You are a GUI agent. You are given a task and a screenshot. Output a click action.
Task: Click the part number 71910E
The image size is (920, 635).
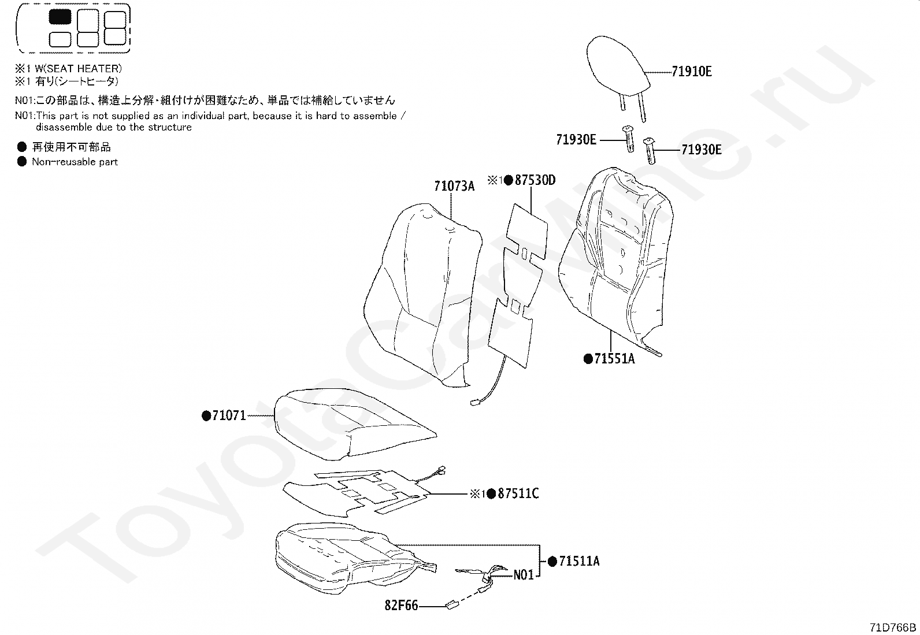tap(692, 72)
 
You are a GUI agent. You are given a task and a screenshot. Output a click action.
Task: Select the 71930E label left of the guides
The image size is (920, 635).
tap(576, 140)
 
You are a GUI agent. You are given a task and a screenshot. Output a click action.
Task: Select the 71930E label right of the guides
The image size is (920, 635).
tap(702, 150)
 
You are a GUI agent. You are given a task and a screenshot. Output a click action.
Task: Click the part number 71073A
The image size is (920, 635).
tap(454, 186)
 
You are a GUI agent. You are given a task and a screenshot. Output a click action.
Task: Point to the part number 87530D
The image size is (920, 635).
tap(535, 180)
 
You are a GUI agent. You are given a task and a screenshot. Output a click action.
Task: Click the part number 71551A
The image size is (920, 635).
tap(614, 359)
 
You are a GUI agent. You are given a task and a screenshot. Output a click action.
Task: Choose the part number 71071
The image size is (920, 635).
tap(229, 415)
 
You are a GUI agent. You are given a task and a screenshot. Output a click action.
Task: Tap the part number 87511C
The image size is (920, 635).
tap(518, 493)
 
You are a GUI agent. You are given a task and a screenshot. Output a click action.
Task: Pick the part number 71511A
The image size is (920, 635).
tap(579, 561)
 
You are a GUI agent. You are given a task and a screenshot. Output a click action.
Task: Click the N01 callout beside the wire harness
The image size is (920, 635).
tap(524, 575)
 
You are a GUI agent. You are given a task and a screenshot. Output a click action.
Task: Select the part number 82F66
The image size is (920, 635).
tap(401, 606)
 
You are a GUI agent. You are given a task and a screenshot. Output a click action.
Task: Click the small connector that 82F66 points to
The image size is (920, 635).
tap(451, 605)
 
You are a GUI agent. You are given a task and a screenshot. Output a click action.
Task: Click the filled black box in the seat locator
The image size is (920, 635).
tap(60, 17)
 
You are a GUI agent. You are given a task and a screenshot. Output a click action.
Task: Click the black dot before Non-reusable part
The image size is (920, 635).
tap(22, 162)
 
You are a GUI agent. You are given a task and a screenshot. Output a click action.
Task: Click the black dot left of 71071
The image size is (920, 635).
tap(206, 415)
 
